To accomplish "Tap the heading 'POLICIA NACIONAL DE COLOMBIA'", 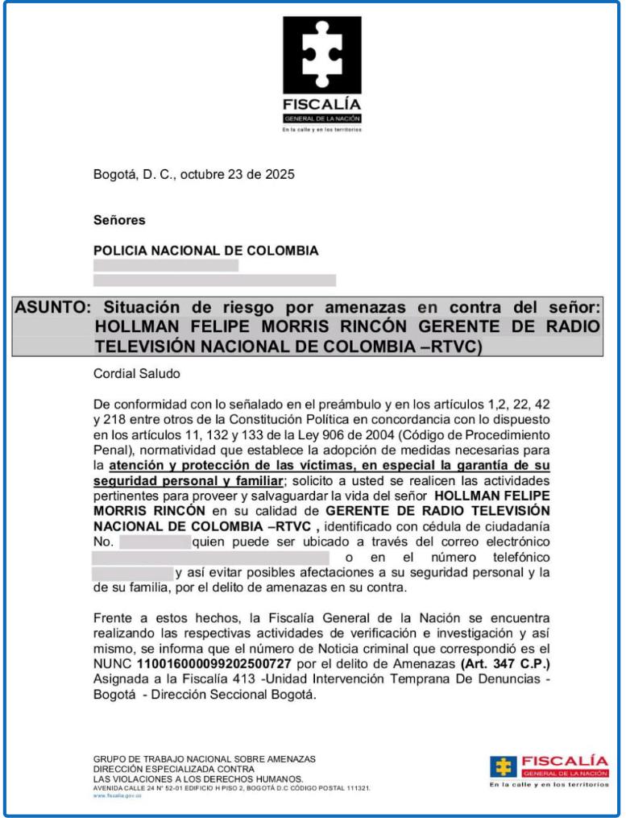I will [x=205, y=250].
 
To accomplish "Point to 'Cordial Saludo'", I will [x=137, y=374].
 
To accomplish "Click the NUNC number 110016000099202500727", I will [x=203, y=662].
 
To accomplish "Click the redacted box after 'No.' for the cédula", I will [x=155, y=542].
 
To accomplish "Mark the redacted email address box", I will [x=210, y=557].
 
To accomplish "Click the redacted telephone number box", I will [x=133, y=572].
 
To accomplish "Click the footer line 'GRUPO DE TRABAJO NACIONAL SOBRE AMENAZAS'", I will [x=205, y=758].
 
